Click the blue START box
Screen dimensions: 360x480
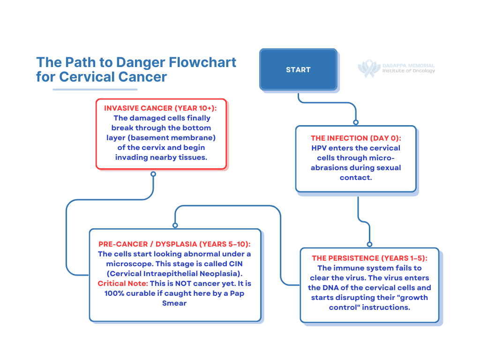click(298, 69)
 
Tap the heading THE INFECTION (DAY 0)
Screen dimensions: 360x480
click(356, 138)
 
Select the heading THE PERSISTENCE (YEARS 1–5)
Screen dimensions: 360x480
click(369, 258)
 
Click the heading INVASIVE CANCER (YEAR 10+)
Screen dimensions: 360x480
click(161, 108)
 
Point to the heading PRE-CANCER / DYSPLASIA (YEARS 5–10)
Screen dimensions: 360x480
click(174, 244)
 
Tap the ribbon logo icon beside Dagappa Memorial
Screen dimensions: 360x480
click(369, 68)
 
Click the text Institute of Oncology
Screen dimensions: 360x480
click(409, 71)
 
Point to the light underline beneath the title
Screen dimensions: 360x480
click(95, 90)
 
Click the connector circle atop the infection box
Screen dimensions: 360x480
click(356, 122)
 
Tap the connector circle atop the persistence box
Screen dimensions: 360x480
click(369, 244)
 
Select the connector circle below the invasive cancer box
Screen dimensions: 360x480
click(153, 174)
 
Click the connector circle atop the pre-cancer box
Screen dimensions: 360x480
click(175, 225)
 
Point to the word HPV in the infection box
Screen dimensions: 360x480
click(320, 148)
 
